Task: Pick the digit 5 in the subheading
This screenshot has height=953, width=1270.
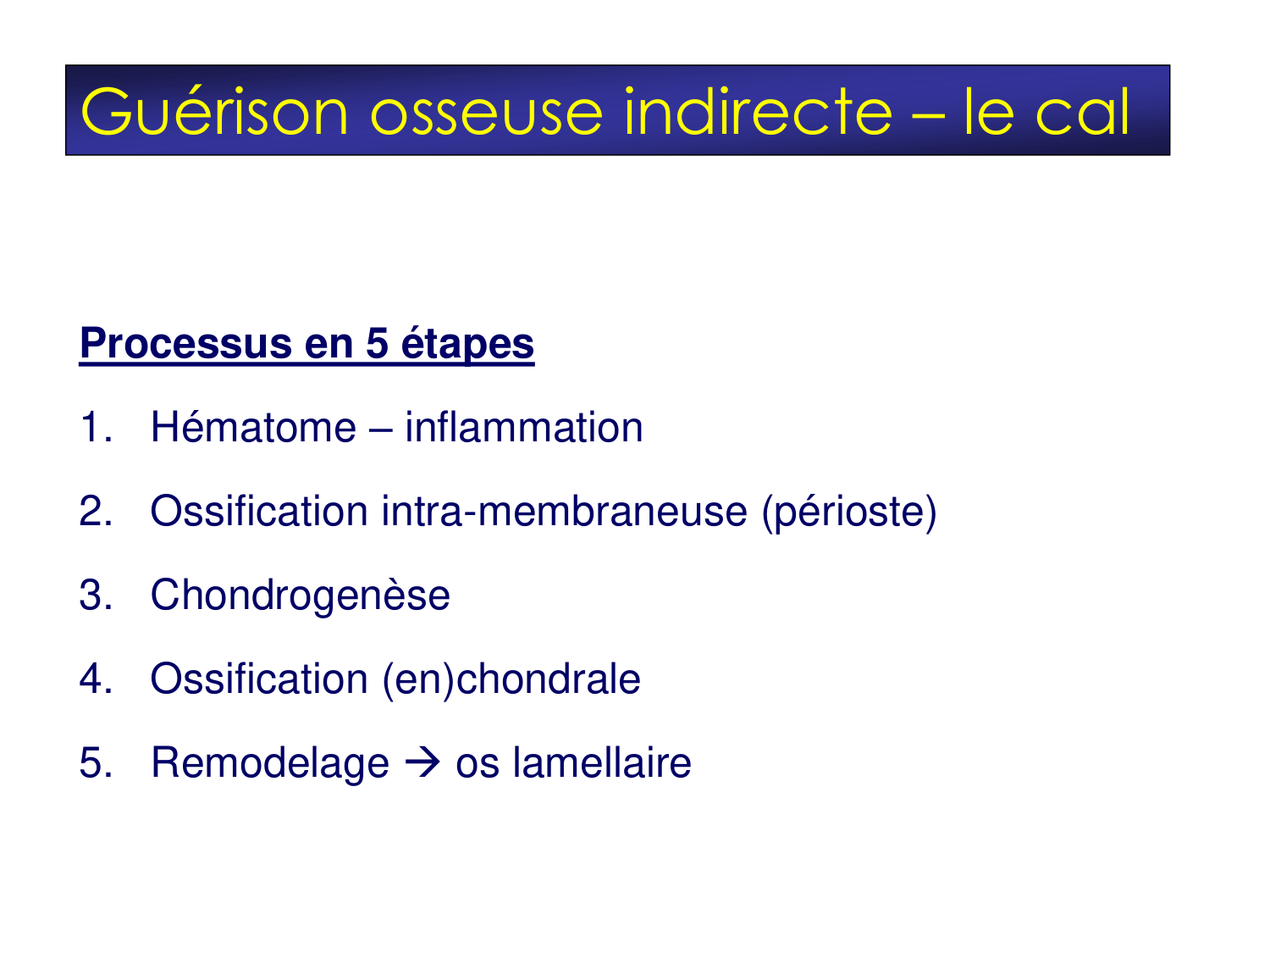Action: [x=377, y=344]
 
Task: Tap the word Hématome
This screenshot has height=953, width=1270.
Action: [x=252, y=427]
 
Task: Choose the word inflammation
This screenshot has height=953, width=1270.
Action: [x=523, y=427]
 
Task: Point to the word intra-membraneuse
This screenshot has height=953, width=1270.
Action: [x=564, y=511]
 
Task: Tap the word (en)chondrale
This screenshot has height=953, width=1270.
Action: [x=511, y=679]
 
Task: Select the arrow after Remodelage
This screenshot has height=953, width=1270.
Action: [x=422, y=763]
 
